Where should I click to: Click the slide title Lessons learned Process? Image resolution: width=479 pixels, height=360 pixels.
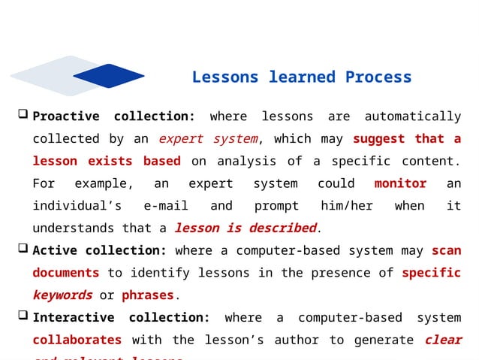pos(302,77)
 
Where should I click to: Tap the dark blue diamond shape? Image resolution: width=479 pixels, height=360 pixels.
pos(108,75)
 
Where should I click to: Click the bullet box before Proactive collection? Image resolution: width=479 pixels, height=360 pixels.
pos(23,115)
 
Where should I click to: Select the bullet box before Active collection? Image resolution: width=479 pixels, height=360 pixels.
pos(23,250)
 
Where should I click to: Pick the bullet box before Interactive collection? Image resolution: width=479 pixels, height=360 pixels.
pos(23,316)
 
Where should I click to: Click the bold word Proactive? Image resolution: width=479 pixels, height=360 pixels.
pos(66,116)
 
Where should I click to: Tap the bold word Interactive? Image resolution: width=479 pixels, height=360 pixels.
pos(74,318)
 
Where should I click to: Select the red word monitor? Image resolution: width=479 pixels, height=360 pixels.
pos(400,183)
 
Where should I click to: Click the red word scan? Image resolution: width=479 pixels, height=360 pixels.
pos(447,250)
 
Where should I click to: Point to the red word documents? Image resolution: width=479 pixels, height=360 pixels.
pos(66,273)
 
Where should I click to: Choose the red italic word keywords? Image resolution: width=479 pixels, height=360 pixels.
pos(62,295)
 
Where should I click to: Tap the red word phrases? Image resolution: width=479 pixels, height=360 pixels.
pos(147,295)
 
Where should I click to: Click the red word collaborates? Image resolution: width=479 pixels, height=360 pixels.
pos(77,340)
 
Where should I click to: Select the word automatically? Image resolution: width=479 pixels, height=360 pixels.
pos(412,116)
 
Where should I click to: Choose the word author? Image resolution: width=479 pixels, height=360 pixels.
pos(304,340)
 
